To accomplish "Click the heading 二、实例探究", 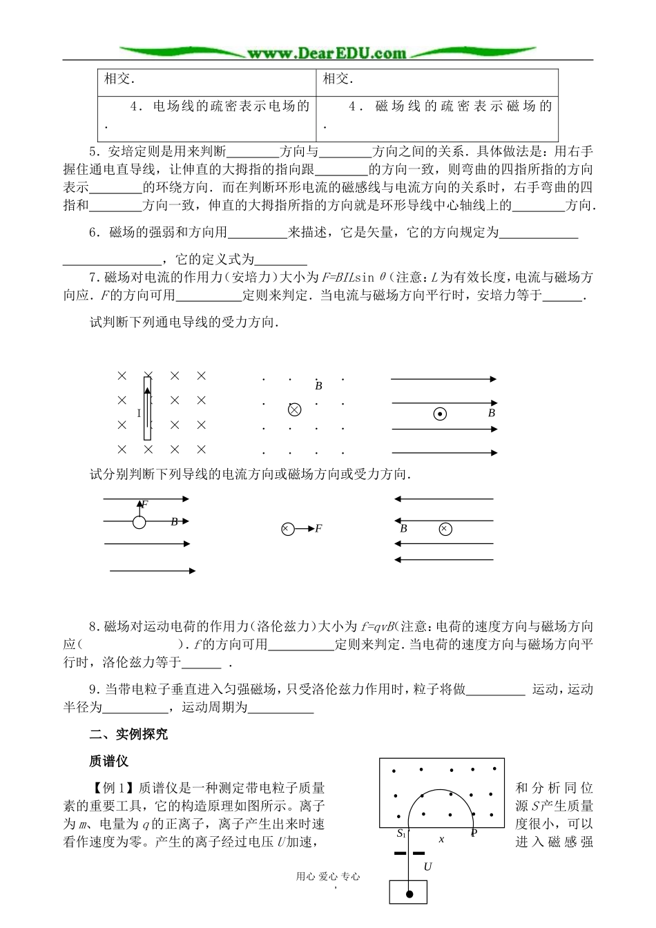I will [128, 734].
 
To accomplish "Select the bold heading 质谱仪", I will [109, 761].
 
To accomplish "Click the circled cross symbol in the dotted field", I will [294, 409].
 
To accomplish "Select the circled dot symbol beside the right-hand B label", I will [439, 414].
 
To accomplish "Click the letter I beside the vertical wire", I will [139, 414].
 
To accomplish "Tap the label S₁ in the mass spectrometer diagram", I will [401, 833].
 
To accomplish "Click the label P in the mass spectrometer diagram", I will [474, 833].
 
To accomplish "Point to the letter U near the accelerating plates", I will [427, 866].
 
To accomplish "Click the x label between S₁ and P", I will [441, 839].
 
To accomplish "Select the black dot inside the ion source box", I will [409, 894].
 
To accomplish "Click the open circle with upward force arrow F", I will [139, 522].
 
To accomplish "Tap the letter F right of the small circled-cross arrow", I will [318, 529].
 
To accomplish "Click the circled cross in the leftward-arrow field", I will [445, 529].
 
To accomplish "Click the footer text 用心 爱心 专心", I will [328, 876].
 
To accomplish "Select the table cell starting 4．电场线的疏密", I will [206, 115].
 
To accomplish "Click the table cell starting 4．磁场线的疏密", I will [437, 115].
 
